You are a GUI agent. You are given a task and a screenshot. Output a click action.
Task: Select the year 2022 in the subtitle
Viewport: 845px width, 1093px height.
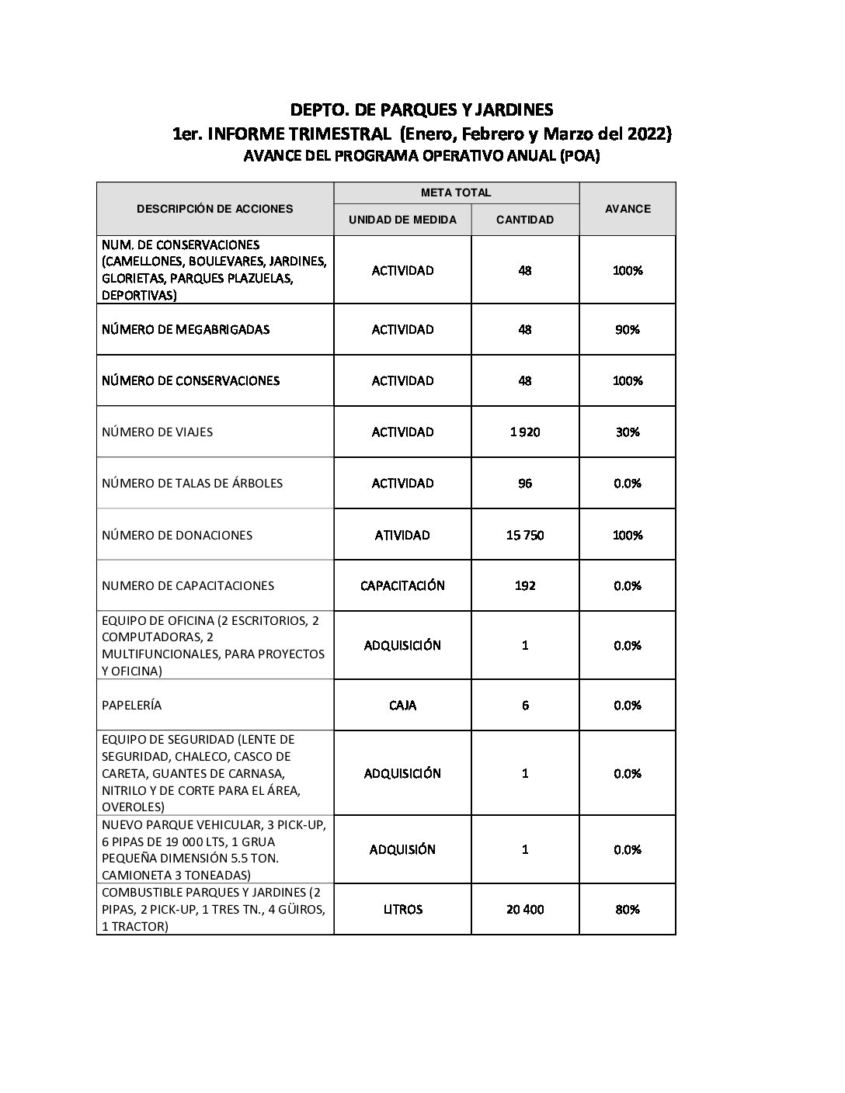click(x=646, y=134)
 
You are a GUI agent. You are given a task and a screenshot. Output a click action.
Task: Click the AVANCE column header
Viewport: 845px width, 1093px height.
click(x=628, y=209)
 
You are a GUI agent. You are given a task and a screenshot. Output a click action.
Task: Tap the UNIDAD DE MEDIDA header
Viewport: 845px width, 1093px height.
click(x=402, y=220)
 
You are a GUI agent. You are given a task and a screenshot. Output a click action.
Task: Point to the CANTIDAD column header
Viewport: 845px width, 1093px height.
click(x=525, y=220)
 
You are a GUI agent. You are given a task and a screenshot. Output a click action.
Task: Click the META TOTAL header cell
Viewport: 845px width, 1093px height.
click(x=456, y=193)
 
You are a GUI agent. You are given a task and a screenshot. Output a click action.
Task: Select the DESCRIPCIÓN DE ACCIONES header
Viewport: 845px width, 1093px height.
click(x=215, y=209)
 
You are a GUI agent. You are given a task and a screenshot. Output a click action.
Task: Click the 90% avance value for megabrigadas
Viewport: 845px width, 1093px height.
click(x=628, y=329)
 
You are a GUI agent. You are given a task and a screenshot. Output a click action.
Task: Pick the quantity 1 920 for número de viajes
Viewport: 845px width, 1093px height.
click(x=525, y=432)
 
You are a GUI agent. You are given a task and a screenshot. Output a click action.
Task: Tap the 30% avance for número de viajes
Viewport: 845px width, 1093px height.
click(x=628, y=432)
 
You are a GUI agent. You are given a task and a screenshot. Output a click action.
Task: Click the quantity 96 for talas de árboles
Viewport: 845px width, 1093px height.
click(x=525, y=483)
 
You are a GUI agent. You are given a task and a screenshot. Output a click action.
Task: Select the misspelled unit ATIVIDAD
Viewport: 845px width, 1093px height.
click(x=402, y=535)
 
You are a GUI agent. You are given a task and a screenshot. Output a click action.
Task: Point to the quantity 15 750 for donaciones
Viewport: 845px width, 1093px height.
click(x=525, y=535)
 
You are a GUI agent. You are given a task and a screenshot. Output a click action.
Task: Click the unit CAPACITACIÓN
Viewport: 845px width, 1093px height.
click(x=402, y=585)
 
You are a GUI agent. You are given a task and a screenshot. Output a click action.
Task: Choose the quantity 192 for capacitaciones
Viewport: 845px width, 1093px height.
click(x=525, y=585)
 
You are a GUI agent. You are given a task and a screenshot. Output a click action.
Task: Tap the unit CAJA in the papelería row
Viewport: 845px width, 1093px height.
click(x=402, y=705)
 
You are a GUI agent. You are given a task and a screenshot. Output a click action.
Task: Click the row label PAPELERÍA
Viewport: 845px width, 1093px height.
click(x=132, y=705)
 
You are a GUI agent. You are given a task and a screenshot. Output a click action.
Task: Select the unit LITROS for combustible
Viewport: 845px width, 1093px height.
click(x=402, y=909)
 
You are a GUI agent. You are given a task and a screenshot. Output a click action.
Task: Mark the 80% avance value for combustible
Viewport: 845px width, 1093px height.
click(x=628, y=909)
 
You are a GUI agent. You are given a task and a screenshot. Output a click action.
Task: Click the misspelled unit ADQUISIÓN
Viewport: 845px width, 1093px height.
click(x=402, y=849)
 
